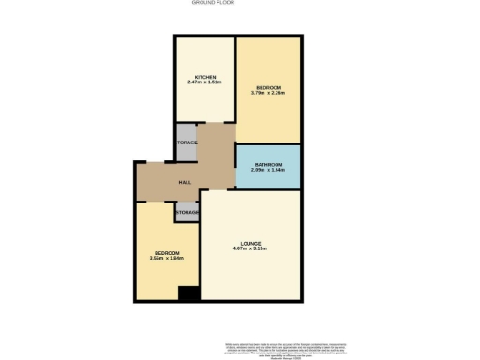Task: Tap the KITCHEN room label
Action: (x=205, y=76)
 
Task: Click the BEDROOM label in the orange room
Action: (x=268, y=87)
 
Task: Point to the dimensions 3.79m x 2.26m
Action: (x=268, y=93)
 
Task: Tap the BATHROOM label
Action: (x=268, y=163)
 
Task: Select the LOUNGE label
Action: (x=249, y=243)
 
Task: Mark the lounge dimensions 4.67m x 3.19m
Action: (x=249, y=248)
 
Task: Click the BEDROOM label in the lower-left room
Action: (x=168, y=253)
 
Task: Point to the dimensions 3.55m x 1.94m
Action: (x=166, y=259)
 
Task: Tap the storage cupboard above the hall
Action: (x=187, y=142)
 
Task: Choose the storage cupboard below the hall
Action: (x=187, y=213)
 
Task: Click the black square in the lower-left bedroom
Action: (x=187, y=293)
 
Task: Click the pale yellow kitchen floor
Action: (x=204, y=103)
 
